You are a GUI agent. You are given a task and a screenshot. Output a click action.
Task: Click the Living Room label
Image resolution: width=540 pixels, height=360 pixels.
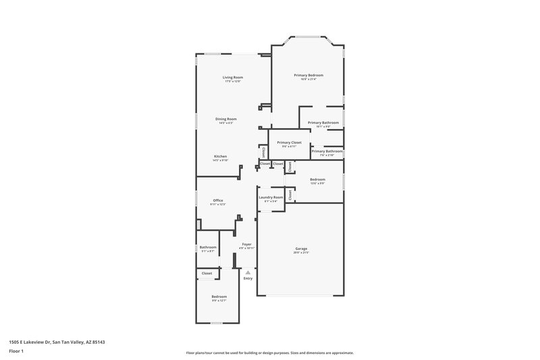click(233, 78)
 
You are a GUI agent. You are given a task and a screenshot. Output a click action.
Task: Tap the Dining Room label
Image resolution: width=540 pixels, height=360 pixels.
click(227, 119)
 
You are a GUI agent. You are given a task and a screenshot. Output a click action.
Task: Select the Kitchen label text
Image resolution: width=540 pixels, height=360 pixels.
click(221, 156)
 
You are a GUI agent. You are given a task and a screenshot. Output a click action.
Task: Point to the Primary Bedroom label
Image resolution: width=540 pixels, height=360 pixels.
click(308, 75)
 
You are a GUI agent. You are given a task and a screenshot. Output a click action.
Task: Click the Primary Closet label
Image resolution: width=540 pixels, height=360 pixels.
click(289, 143)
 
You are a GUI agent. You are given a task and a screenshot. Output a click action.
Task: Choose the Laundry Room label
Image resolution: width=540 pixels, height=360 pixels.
click(270, 197)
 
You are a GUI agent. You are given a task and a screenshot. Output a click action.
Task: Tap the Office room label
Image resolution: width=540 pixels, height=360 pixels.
click(218, 200)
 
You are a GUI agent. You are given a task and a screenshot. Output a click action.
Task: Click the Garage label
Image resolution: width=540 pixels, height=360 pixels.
click(301, 249)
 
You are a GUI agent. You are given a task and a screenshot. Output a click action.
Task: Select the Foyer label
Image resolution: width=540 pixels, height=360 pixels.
click(247, 245)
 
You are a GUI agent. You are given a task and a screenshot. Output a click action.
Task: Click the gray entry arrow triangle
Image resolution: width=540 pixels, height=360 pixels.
click(248, 272)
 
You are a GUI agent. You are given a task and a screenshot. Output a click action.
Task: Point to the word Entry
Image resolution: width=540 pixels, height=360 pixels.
click(248, 278)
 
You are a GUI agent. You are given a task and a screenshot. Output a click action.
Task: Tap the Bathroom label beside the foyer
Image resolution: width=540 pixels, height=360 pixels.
click(208, 247)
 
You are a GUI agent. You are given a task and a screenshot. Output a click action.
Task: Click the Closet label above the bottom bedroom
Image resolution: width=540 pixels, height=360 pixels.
click(207, 274)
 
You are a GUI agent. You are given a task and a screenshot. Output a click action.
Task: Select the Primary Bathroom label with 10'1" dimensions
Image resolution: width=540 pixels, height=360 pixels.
click(323, 122)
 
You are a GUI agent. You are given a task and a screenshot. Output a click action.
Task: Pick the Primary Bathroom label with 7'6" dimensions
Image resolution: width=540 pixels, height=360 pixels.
click(327, 151)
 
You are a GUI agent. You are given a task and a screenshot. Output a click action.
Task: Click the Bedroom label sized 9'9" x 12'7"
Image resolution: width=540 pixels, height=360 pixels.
click(219, 297)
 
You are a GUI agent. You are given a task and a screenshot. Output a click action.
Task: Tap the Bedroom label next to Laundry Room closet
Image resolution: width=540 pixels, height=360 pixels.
click(317, 180)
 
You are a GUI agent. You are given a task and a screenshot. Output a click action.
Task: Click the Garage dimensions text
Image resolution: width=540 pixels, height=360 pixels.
click(301, 253)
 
